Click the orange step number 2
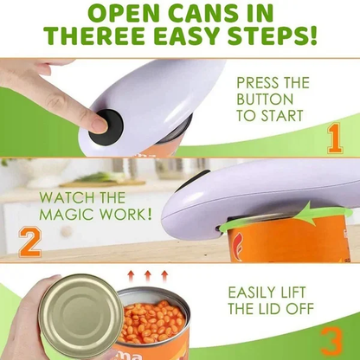[29, 241]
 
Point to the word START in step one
[289, 118]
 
